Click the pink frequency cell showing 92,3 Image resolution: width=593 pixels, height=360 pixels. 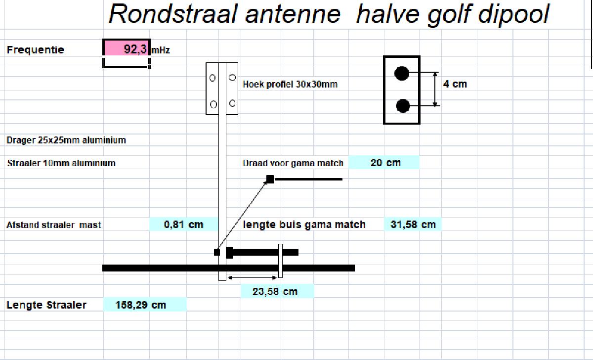tap(127, 48)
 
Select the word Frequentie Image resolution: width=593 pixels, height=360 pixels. tap(35, 49)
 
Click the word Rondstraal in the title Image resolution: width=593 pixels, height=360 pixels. tap(172, 14)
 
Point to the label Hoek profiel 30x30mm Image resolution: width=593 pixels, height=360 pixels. tap(290, 84)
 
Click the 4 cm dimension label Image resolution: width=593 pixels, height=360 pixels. tap(455, 84)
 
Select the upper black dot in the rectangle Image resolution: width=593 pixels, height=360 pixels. tap(402, 73)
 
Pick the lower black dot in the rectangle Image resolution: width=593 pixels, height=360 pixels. tap(403, 106)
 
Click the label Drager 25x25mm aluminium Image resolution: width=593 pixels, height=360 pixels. tap(66, 140)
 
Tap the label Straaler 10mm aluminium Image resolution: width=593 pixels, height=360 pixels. tap(61, 163)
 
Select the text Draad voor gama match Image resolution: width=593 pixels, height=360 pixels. tap(293, 163)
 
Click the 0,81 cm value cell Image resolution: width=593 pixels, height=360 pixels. tap(183, 225)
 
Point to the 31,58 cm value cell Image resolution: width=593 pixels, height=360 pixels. tap(413, 225)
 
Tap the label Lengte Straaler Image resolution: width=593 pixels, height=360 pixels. tap(46, 305)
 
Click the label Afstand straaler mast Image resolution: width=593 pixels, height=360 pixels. tap(53, 225)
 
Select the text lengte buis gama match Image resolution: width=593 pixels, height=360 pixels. tap(304, 225)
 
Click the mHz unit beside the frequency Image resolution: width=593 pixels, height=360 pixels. tap(161, 50)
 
